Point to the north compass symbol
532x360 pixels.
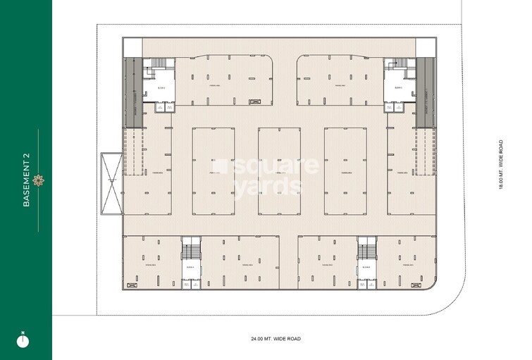pyautogui.click(x=25, y=340)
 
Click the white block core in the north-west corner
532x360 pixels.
pyautogui.click(x=159, y=86)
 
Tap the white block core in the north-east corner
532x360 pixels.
pyautogui.click(x=397, y=86)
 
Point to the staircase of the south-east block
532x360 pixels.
pyautogui.click(x=366, y=249)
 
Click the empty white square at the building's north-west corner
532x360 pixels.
pyautogui.click(x=132, y=46)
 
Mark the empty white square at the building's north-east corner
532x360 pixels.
pyautogui.click(x=426, y=46)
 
